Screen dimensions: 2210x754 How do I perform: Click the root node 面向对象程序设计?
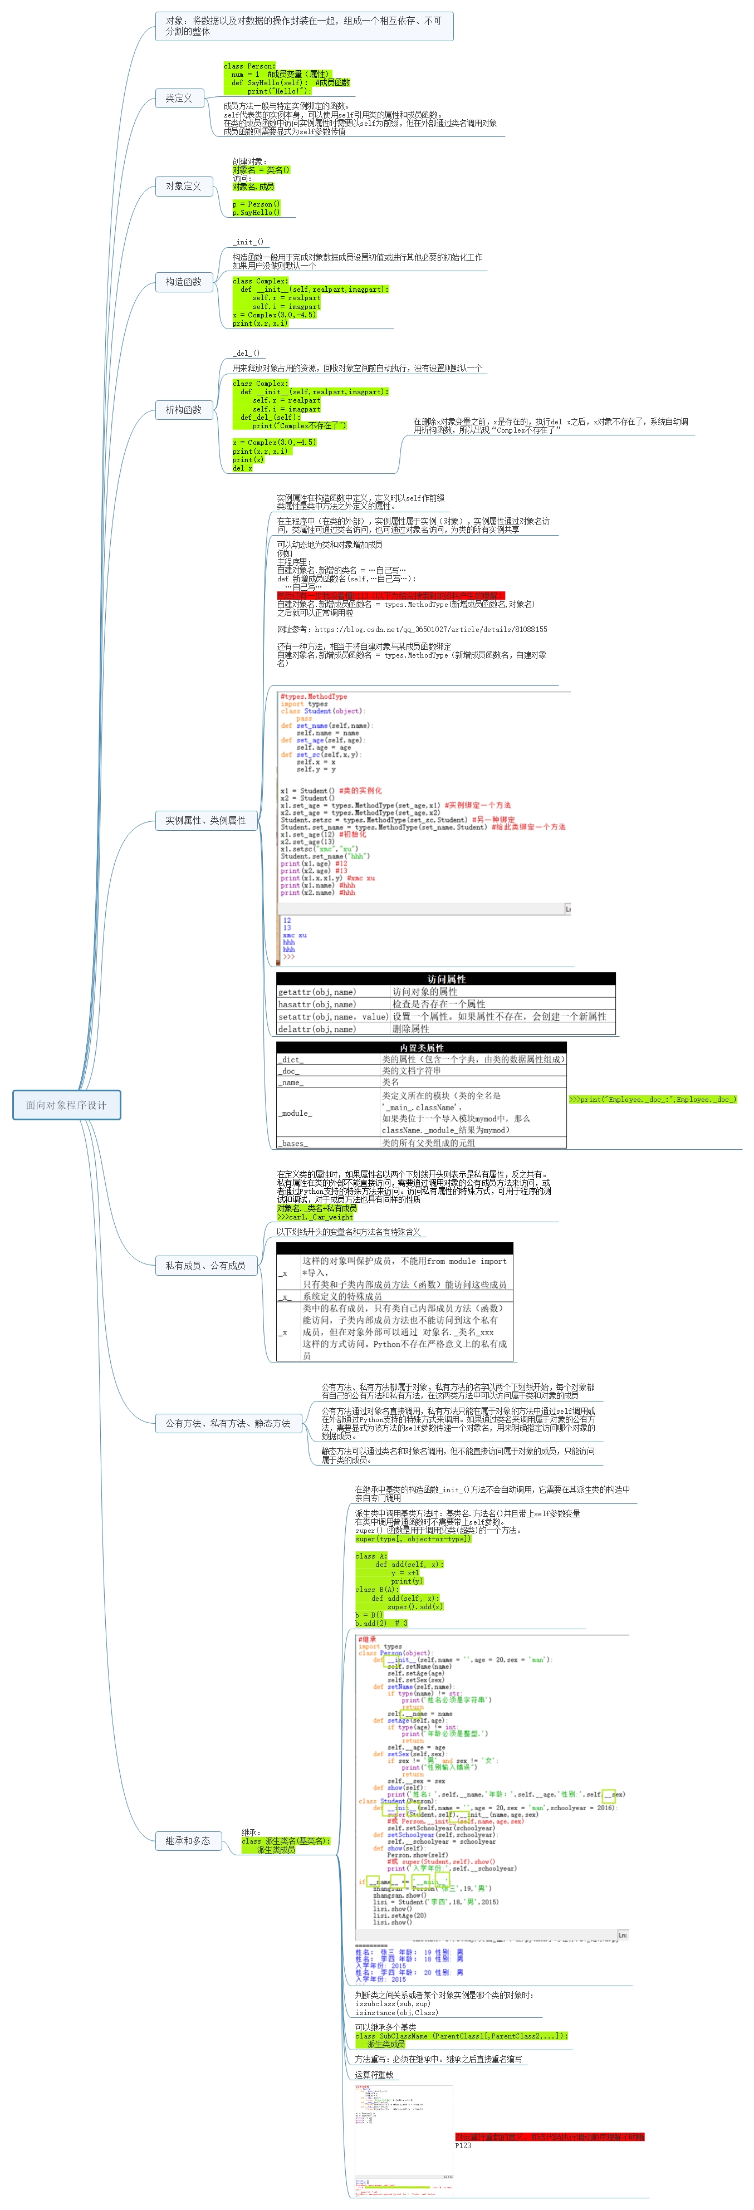(66, 1104)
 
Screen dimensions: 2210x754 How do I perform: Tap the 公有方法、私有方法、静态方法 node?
(227, 1423)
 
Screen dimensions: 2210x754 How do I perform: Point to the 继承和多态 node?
(187, 1840)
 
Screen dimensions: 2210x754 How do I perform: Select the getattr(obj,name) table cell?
(316, 992)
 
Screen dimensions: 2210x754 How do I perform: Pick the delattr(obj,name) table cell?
(316, 1028)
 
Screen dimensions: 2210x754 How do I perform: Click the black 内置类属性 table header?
(421, 1047)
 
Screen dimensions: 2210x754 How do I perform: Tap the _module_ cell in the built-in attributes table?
(295, 1113)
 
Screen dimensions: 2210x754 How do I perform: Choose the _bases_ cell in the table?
(292, 1143)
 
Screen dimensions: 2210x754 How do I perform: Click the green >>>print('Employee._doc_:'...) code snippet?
(652, 1099)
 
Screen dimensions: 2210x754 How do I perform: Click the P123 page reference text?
(463, 2145)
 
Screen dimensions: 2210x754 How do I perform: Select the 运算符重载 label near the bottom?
(374, 2075)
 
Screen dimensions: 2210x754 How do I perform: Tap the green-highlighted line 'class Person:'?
(249, 66)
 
